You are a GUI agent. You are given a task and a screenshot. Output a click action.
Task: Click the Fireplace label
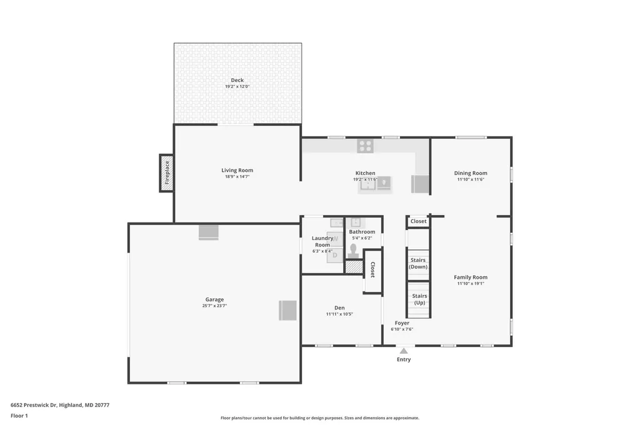pos(167,173)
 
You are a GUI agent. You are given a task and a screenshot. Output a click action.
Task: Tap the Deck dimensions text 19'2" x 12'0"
pos(237,86)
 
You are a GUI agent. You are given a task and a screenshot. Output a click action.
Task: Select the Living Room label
pos(237,170)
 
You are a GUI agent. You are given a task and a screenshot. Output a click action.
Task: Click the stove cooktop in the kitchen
pos(365,146)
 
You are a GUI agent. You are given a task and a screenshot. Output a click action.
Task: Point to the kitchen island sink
pos(367,184)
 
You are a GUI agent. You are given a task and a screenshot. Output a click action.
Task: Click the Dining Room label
pos(471,173)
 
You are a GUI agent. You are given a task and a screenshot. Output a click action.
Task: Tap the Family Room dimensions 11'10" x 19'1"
pos(471,283)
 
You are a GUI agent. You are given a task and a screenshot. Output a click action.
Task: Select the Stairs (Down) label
pos(418,263)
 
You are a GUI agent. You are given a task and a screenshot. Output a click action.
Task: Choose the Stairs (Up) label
pos(419,299)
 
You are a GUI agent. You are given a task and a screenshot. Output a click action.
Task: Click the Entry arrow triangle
pos(404,351)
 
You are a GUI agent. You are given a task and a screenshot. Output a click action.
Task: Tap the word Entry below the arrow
pos(404,359)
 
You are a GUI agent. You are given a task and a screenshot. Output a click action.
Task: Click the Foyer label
pos(402,323)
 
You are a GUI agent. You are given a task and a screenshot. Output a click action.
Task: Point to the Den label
pos(339,308)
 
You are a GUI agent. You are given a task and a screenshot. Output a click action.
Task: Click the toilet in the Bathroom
pos(353,251)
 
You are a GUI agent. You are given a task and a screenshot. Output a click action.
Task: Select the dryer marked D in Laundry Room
pos(335,256)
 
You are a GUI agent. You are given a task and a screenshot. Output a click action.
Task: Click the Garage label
pos(215,299)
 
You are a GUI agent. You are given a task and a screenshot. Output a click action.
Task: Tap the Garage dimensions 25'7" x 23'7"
pos(215,306)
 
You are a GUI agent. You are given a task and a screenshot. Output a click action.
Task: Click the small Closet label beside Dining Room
pos(418,221)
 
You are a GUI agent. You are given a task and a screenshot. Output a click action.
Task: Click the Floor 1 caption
pos(19,416)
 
